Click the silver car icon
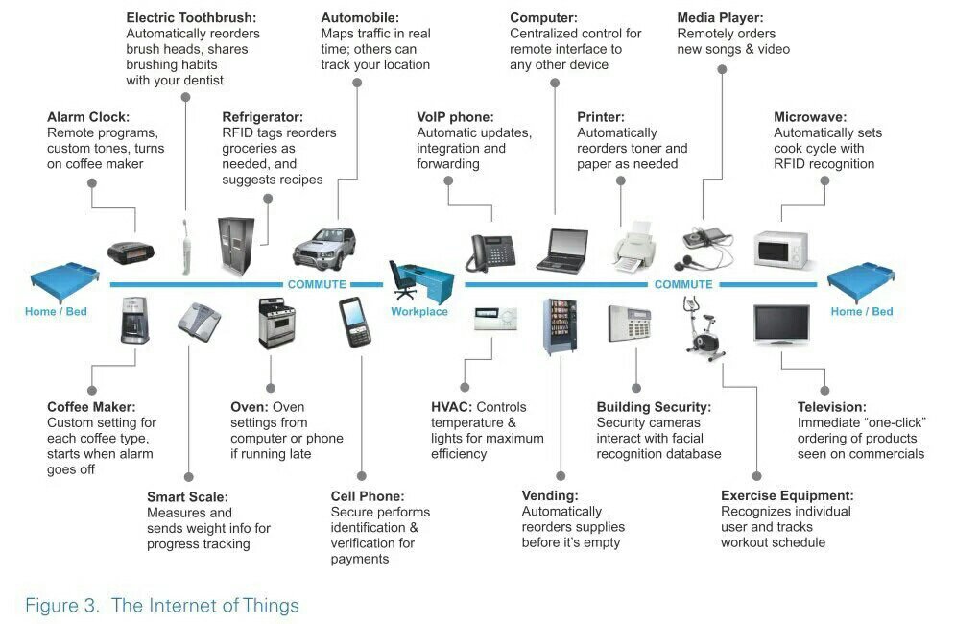tap(328, 247)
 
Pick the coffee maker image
tap(133, 321)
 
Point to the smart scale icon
tap(200, 320)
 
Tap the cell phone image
tap(352, 323)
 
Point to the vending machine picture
tap(561, 326)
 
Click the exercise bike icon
tap(703, 329)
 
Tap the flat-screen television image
tap(781, 324)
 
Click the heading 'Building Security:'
tap(654, 407)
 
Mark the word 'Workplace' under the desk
tap(419, 312)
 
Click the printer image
tap(633, 248)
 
